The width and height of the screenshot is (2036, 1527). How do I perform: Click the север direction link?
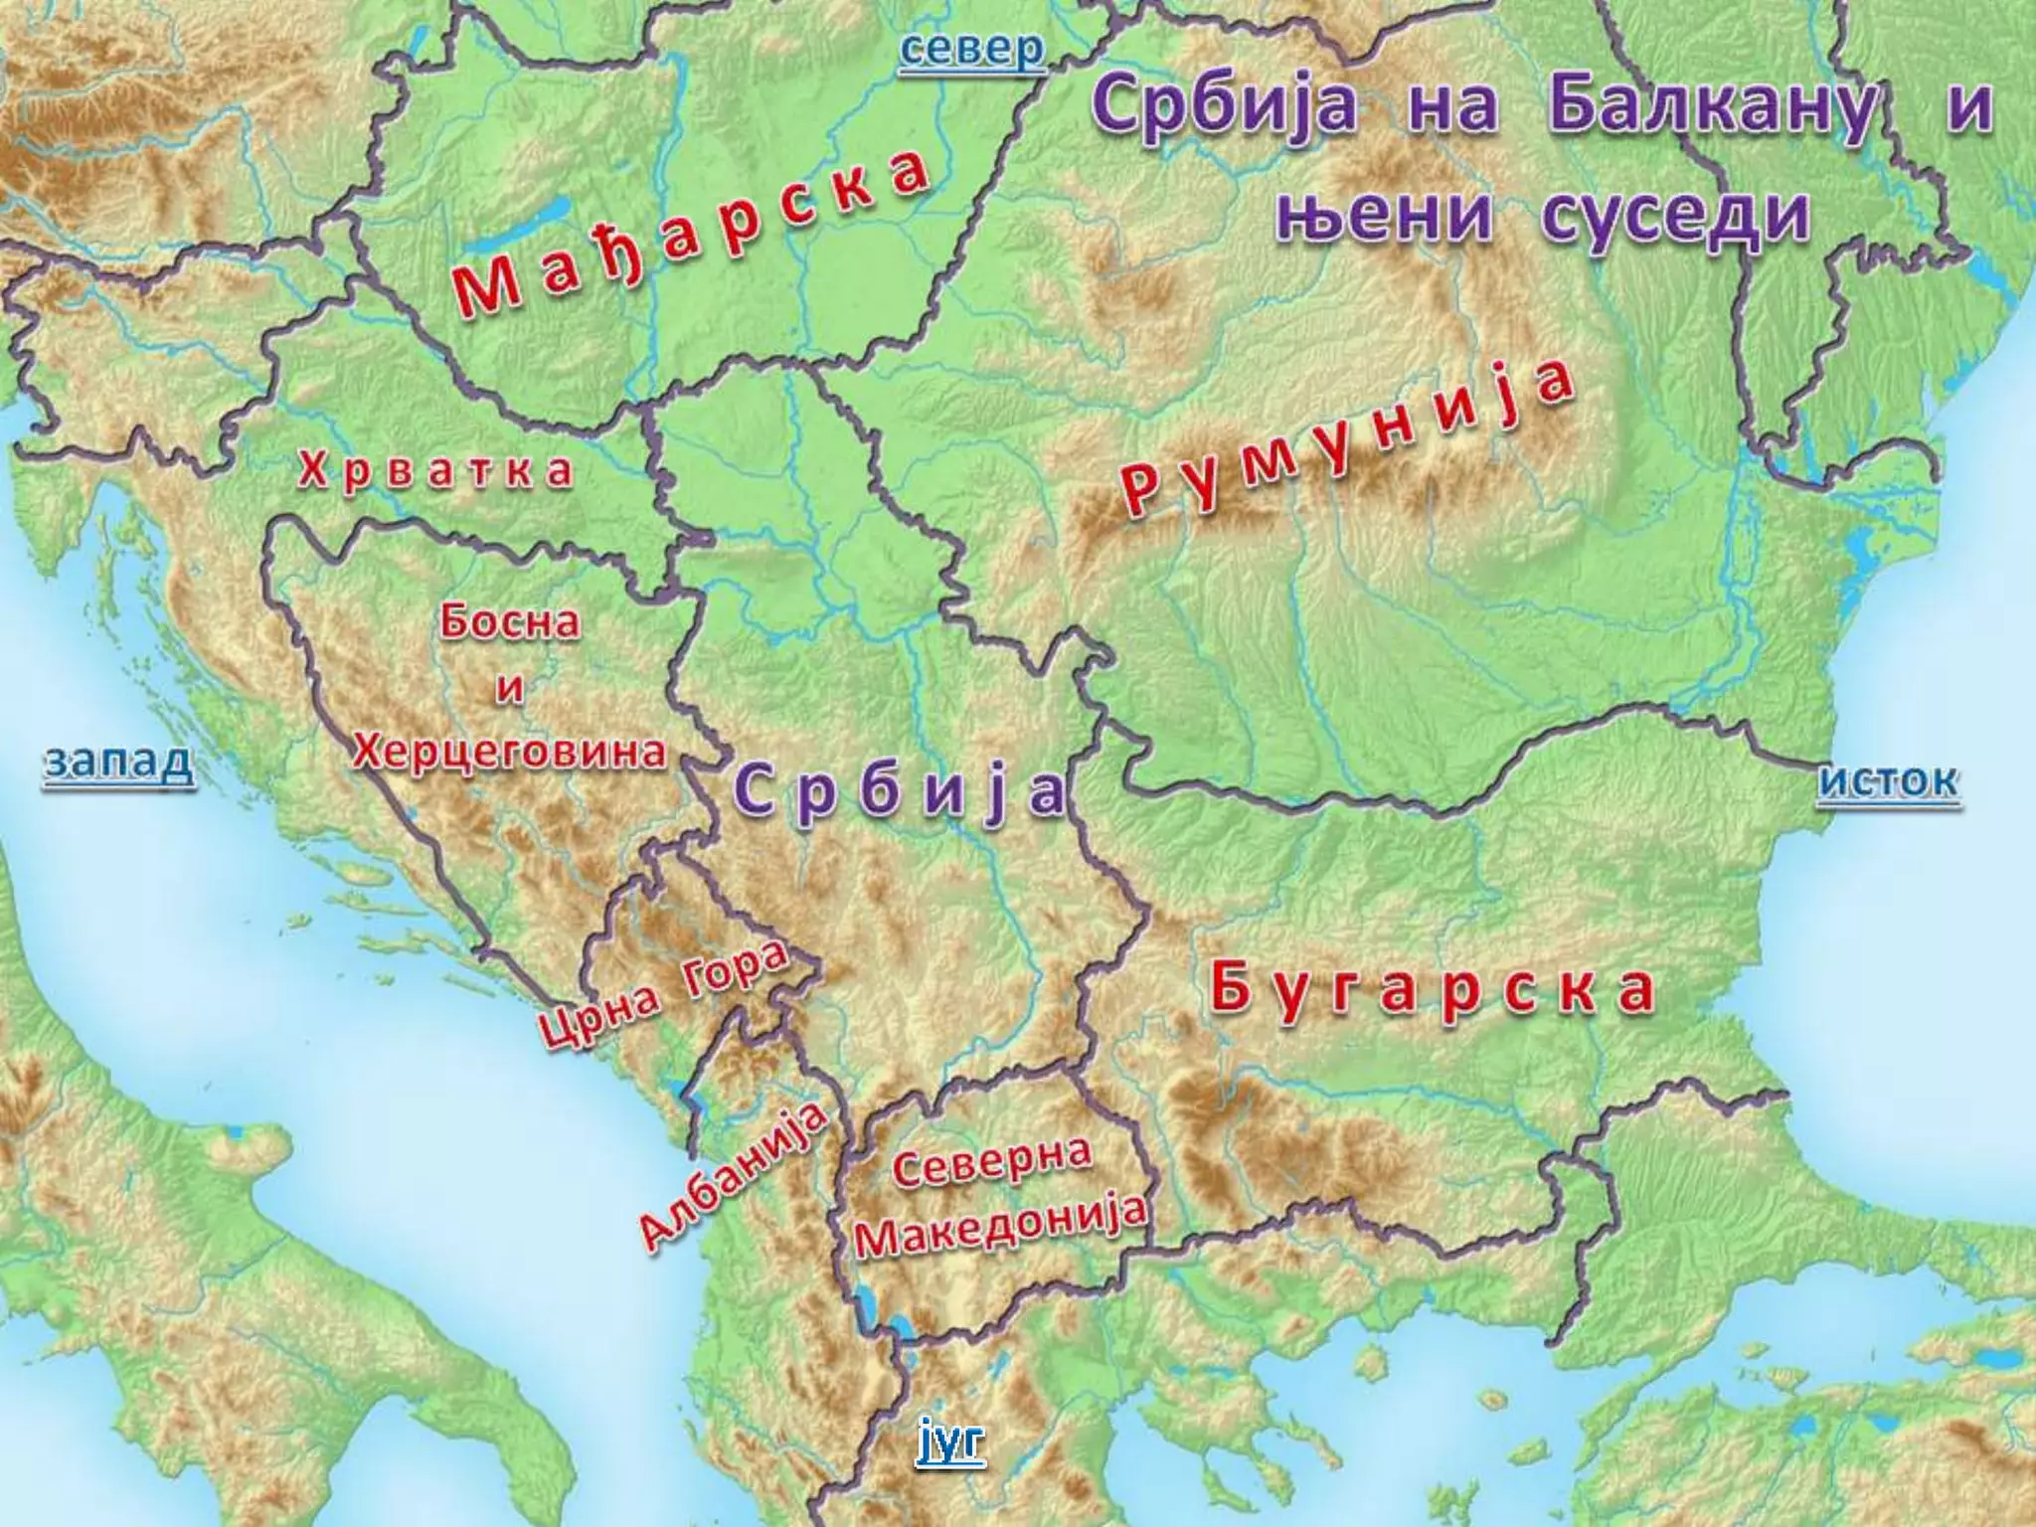pyautogui.click(x=972, y=50)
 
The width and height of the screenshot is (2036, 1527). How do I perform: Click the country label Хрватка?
pyautogui.click(x=435, y=471)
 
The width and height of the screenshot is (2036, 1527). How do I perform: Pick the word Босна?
pyautogui.click(x=510, y=622)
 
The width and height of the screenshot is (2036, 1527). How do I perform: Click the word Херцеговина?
pyautogui.click(x=509, y=753)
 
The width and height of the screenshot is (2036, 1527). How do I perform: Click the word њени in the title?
pyautogui.click(x=1383, y=217)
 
